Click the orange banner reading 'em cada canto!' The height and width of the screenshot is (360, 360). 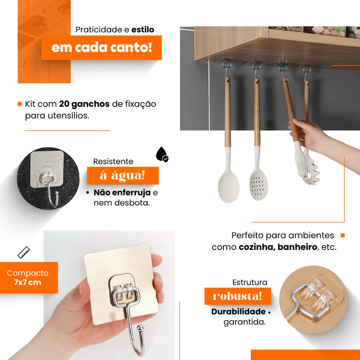pos(101,47)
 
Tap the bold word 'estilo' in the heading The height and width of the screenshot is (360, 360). pos(143,30)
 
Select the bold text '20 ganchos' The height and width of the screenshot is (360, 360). pos(84,104)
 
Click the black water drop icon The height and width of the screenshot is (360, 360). pos(162,154)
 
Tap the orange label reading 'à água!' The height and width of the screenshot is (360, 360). pos(123,175)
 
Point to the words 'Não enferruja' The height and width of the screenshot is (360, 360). pos(122,192)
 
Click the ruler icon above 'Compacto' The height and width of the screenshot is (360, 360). pos(24,252)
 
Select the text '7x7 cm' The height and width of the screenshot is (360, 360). pos(27,282)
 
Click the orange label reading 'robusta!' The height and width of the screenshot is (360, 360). pos(238,296)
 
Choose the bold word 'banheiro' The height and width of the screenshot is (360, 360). pos(297,247)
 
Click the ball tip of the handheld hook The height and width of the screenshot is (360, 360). pos(140,327)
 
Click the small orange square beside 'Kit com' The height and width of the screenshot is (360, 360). pos(20,104)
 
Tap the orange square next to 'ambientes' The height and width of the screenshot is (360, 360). pos(343,235)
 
